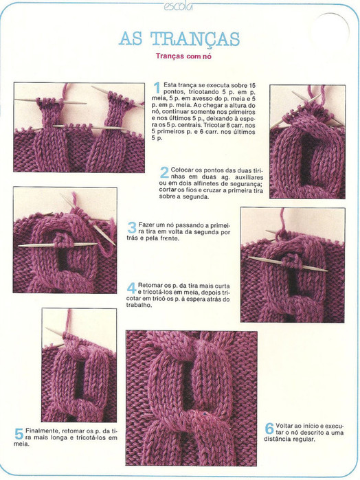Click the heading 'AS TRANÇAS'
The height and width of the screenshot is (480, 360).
[x=179, y=39]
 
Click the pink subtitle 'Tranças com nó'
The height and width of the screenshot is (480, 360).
[x=183, y=56]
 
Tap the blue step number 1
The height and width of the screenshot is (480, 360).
[x=157, y=88]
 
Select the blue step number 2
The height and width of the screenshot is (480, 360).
[x=164, y=172]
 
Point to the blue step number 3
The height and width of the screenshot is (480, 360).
[x=132, y=228]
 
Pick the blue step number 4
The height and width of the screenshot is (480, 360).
[x=132, y=288]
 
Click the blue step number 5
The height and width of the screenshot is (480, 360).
[x=19, y=434]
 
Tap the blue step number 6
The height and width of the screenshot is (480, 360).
[x=269, y=428]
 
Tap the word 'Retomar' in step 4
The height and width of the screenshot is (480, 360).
[x=148, y=285]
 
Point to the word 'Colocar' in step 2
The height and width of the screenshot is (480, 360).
[x=181, y=170]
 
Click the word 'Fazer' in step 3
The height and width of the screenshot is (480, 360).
[x=146, y=225]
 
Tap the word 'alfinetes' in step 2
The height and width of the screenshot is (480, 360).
[x=207, y=183]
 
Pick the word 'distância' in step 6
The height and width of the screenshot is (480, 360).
[x=275, y=439]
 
